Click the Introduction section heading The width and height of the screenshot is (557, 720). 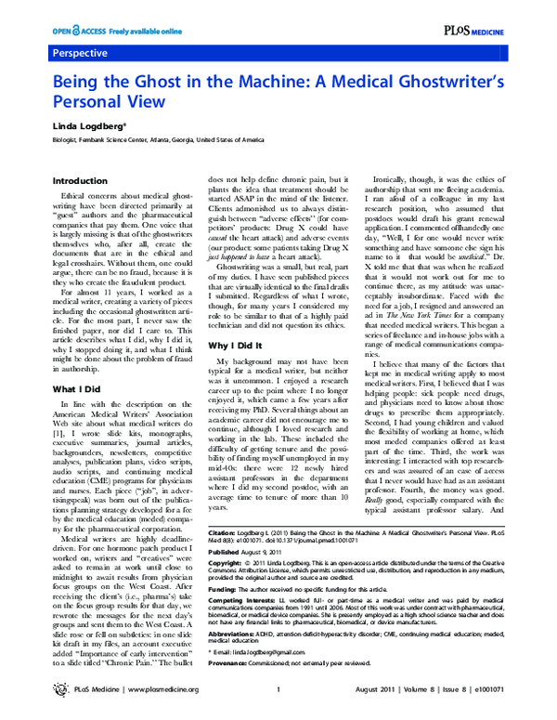[x=80, y=180]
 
